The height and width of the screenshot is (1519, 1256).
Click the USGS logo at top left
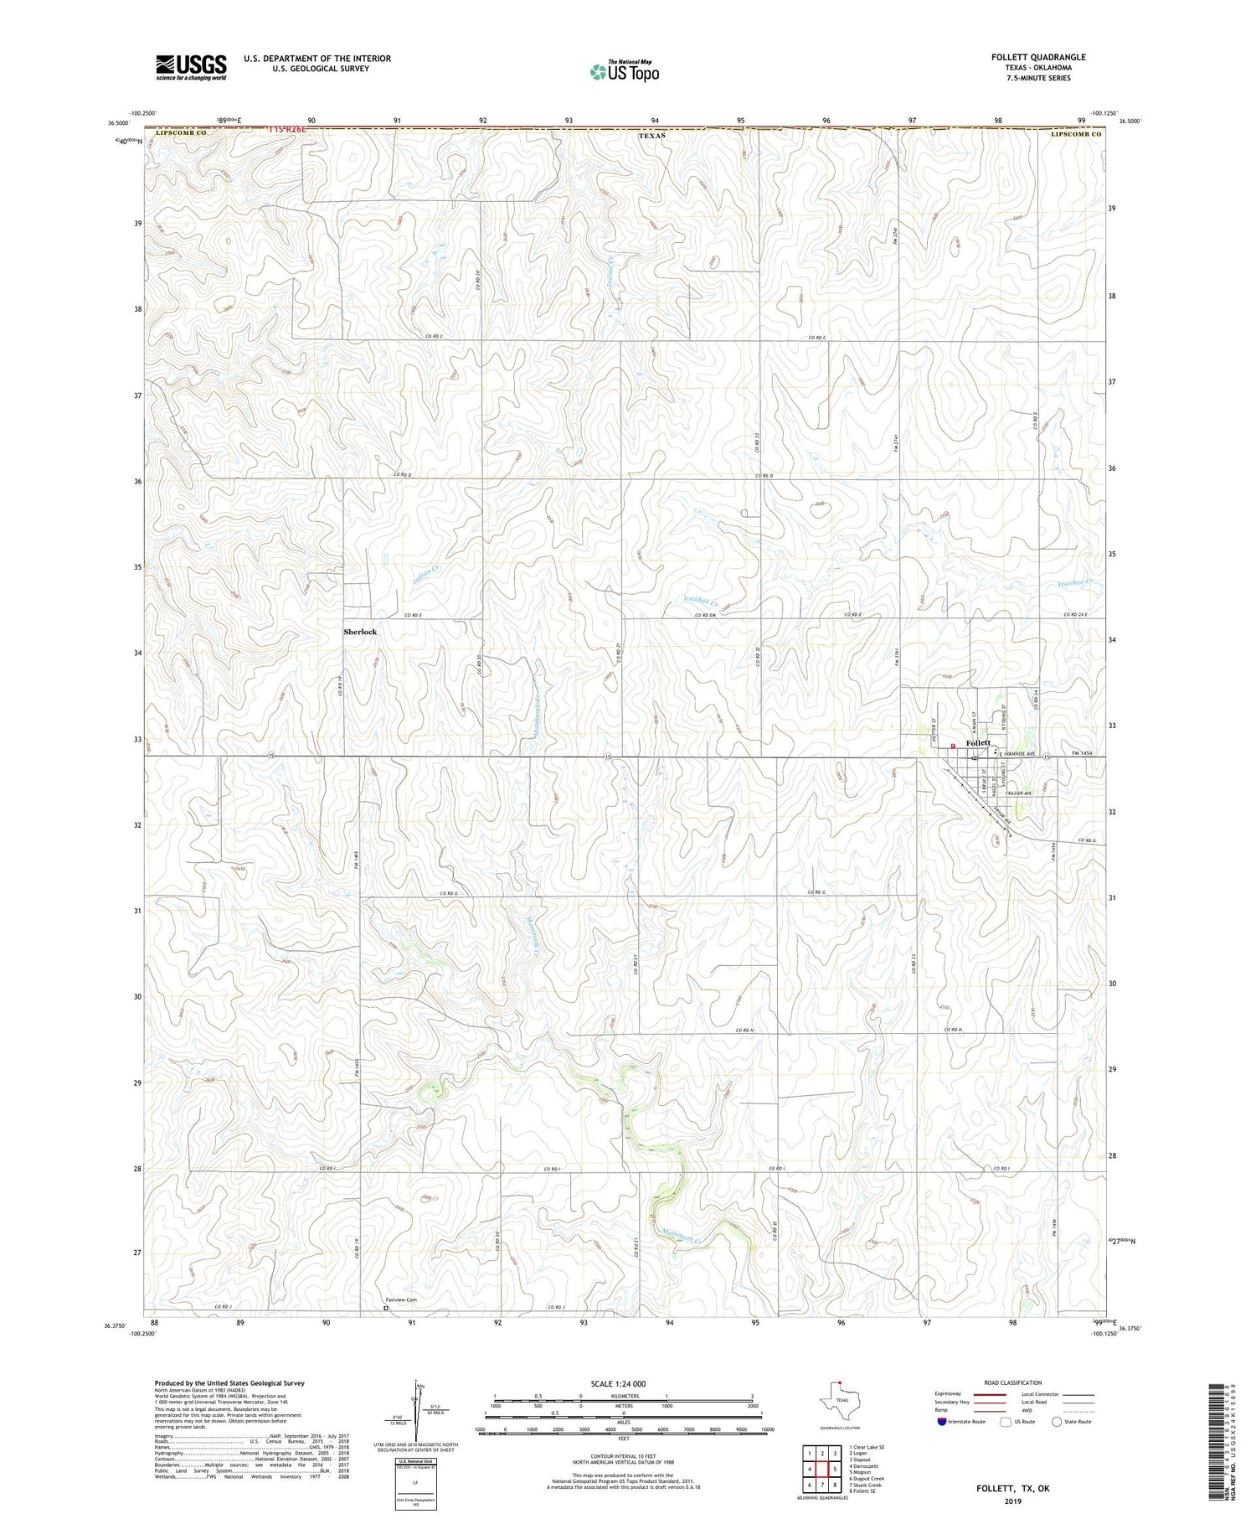[191, 67]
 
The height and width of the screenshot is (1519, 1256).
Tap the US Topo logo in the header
[624, 72]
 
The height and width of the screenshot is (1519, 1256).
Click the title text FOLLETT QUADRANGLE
[1037, 57]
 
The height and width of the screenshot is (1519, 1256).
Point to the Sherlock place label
[360, 632]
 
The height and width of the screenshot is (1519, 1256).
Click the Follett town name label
[978, 743]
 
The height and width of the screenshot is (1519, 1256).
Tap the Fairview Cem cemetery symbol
[386, 1307]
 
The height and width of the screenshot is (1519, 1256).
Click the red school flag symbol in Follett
[953, 747]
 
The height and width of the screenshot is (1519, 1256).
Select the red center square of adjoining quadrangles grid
[823, 1469]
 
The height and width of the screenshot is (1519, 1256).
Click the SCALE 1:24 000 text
[623, 1383]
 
